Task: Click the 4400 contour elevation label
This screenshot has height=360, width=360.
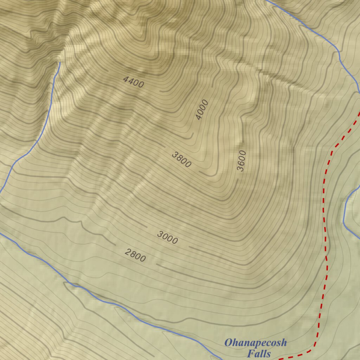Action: click(x=134, y=82)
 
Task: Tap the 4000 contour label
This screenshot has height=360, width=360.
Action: click(x=202, y=110)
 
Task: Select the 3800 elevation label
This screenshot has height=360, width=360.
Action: click(x=181, y=160)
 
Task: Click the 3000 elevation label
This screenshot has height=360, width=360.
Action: click(x=167, y=238)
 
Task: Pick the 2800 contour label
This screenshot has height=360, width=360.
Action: click(x=135, y=255)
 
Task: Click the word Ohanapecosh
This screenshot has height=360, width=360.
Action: click(x=256, y=342)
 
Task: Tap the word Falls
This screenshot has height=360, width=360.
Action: click(x=259, y=353)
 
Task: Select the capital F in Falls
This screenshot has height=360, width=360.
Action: click(x=250, y=353)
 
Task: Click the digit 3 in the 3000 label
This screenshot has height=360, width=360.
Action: click(x=160, y=234)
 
